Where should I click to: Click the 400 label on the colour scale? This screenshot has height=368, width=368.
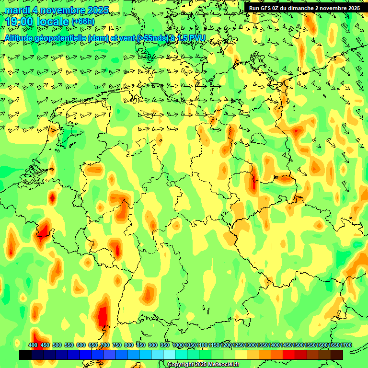33,345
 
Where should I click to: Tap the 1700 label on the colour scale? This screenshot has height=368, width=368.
334,345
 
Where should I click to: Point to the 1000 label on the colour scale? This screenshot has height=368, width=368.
178,345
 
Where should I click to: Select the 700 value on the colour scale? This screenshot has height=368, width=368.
105,345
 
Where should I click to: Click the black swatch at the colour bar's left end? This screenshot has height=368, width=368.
25,355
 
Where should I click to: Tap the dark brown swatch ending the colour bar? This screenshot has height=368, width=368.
337,355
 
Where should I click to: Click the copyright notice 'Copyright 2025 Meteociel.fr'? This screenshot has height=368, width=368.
203,365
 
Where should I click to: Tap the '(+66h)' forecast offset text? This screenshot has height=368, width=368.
83,22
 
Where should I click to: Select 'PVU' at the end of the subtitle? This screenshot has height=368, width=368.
197,38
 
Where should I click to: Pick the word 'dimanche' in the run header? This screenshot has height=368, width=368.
305,8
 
